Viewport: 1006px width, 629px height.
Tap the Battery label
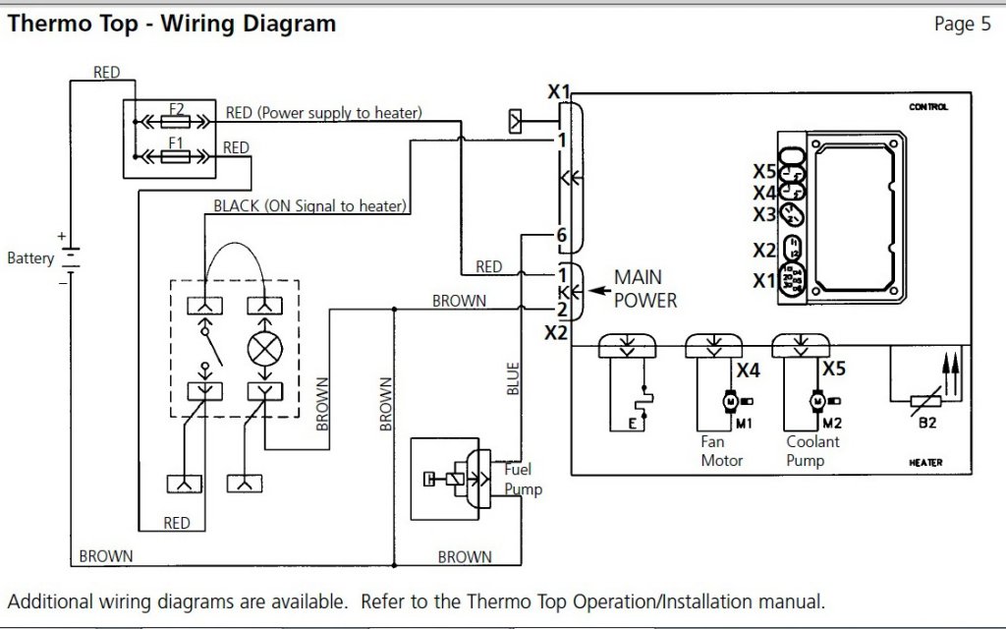point(30,259)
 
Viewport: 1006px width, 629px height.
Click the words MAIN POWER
point(645,289)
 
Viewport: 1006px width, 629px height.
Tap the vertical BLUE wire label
point(513,377)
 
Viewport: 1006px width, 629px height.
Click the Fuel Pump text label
point(523,480)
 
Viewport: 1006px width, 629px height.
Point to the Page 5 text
point(962,25)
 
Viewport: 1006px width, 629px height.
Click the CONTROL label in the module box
point(928,107)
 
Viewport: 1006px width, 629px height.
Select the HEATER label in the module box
point(926,461)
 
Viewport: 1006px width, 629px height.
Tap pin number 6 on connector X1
point(561,235)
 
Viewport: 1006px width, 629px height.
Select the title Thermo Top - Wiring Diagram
point(171,23)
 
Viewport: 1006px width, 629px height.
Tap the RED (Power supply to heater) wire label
point(324,113)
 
